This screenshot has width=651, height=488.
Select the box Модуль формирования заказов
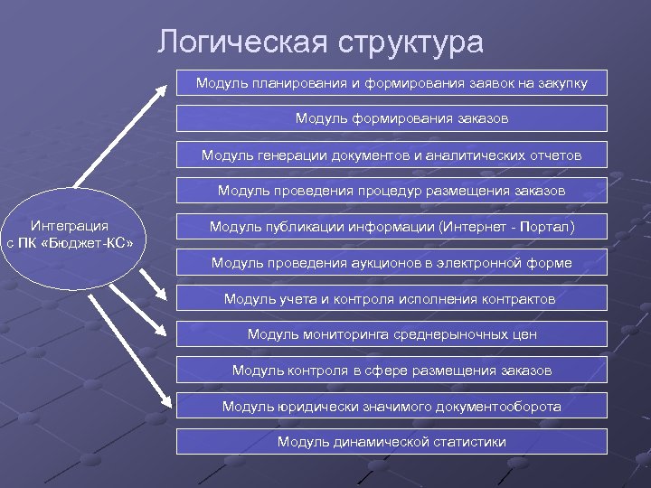[x=392, y=118]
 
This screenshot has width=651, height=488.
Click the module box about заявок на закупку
[x=392, y=83]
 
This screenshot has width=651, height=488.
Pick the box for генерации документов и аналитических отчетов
[x=392, y=155]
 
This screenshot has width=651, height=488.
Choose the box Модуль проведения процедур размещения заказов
[x=392, y=191]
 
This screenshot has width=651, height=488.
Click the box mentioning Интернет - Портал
[x=392, y=226]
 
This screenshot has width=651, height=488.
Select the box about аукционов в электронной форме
[x=392, y=263]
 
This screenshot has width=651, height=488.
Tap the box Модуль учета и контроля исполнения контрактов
[x=392, y=298]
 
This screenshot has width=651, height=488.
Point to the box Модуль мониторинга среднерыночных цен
[x=392, y=334]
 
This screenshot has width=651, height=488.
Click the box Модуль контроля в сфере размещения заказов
[x=392, y=370]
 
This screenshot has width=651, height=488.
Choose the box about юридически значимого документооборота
[x=392, y=406]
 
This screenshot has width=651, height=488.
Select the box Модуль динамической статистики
[x=392, y=442]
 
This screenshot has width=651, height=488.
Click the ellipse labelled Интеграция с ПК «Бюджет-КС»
[x=70, y=237]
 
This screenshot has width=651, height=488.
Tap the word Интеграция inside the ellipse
[x=70, y=226]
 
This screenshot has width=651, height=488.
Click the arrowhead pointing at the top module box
[x=164, y=88]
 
